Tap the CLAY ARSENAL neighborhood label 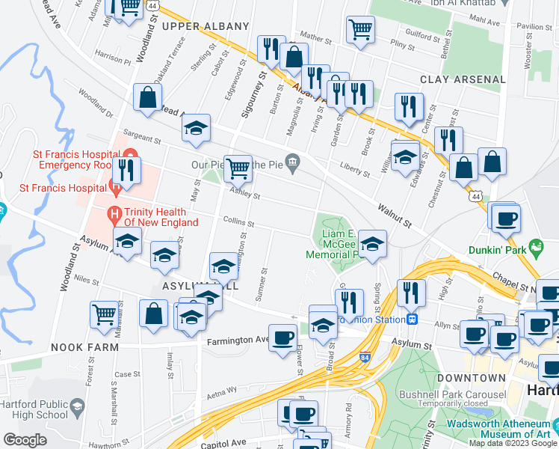463,79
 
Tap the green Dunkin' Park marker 535,246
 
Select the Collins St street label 239,223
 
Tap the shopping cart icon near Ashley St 238,168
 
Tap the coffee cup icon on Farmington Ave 282,337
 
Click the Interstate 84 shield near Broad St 365,358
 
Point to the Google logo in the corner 25,440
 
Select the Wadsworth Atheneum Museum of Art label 500,428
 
